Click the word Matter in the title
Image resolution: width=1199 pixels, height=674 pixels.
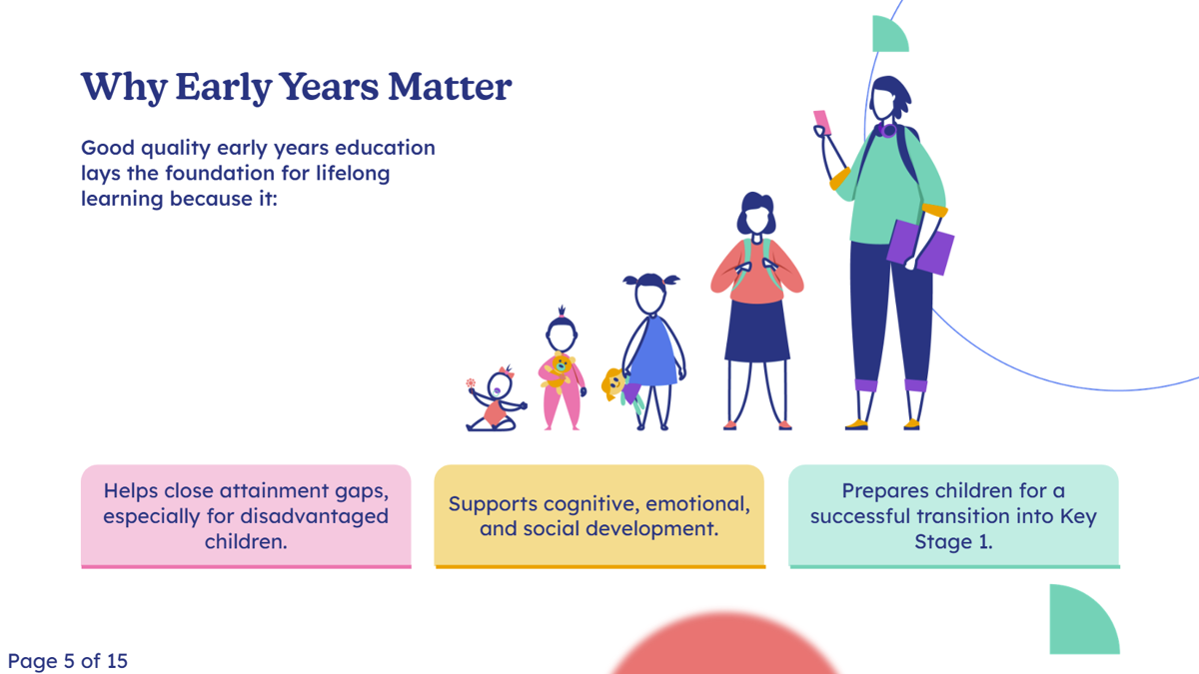(450, 87)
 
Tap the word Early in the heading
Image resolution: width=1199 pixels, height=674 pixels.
(223, 88)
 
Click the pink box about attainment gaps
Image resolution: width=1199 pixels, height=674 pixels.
(246, 516)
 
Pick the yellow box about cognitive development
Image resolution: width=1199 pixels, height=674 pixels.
(599, 516)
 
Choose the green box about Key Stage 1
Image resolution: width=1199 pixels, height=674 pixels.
(954, 516)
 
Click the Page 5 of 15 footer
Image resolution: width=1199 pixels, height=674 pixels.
(68, 661)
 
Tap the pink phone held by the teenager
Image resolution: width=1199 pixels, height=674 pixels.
(822, 123)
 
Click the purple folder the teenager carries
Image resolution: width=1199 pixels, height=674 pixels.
(920, 248)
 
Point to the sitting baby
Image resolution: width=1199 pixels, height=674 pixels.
(497, 400)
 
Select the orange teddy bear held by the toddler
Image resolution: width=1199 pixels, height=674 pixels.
(559, 372)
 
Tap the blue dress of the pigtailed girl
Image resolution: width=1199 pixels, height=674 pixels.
(653, 353)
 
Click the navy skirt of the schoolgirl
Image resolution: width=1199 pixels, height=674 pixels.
(757, 332)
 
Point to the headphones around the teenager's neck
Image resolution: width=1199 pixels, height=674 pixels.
(886, 130)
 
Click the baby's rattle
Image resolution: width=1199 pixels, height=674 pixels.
(471, 383)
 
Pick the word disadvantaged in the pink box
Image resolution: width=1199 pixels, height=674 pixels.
(314, 517)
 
